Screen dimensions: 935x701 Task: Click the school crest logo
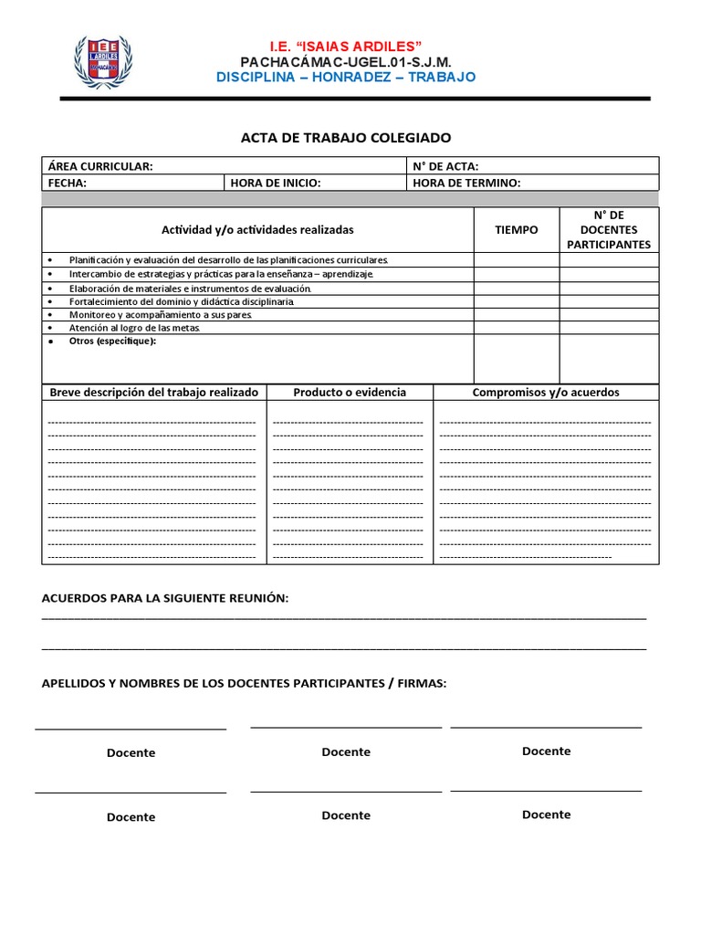click(101, 61)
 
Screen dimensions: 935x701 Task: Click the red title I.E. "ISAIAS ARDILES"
click(345, 46)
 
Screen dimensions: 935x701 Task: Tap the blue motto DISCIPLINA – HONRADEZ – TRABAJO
click(345, 78)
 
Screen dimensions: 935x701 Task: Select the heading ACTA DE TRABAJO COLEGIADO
click(345, 138)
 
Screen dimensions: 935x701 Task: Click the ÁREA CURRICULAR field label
click(100, 166)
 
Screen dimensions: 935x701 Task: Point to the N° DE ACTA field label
click(445, 166)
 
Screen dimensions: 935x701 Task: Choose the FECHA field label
click(67, 183)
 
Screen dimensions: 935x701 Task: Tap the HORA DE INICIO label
click(276, 183)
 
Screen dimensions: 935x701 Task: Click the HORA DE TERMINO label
click(466, 183)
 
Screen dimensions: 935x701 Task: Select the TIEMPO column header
click(517, 230)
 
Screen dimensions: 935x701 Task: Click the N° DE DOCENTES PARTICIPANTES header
click(609, 230)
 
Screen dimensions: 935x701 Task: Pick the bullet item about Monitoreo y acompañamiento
click(160, 314)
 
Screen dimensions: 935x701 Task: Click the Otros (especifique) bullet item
click(112, 341)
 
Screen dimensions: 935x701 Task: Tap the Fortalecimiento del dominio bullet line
click(182, 301)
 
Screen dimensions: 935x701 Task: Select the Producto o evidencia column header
click(350, 393)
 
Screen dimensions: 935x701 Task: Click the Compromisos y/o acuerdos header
click(546, 393)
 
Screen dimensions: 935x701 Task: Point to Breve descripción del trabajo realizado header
click(153, 393)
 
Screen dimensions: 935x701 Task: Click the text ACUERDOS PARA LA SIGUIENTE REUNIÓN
click(165, 598)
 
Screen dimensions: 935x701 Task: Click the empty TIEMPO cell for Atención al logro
click(517, 328)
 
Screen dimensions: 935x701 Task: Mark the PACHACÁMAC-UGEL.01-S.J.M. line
click(345, 62)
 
